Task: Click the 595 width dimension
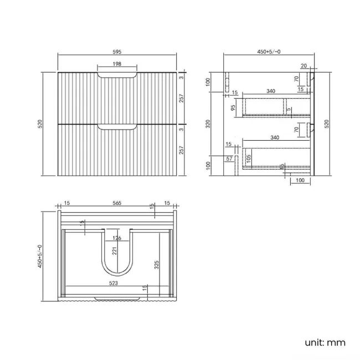pos(117,52)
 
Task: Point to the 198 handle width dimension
pos(117,64)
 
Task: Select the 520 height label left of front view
pos(40,124)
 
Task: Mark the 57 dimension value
pos(229,159)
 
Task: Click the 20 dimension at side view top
pos(304,65)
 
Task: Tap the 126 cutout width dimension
pos(117,239)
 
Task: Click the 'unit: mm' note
pos(325,342)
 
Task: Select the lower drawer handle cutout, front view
pos(117,128)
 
